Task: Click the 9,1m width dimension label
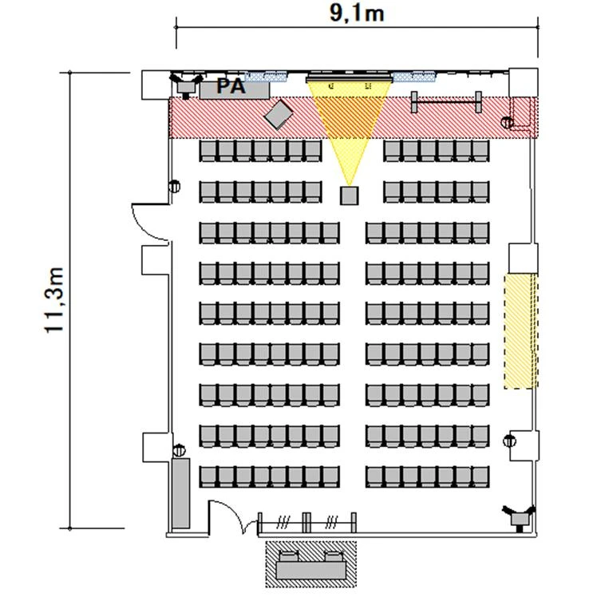click(x=357, y=14)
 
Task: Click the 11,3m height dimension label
click(x=54, y=300)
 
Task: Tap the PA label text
click(x=231, y=86)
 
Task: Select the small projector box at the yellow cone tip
click(x=349, y=196)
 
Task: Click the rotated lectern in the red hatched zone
click(x=279, y=114)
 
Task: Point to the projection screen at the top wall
click(x=349, y=79)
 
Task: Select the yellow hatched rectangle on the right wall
click(x=520, y=331)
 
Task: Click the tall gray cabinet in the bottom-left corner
click(x=180, y=493)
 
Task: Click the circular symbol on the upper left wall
click(x=175, y=186)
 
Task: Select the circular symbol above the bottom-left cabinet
click(x=179, y=450)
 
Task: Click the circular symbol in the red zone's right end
click(x=507, y=123)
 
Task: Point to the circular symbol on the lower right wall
click(x=509, y=441)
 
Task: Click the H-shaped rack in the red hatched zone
click(x=446, y=101)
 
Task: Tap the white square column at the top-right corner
click(x=524, y=83)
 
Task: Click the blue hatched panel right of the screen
click(x=414, y=77)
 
